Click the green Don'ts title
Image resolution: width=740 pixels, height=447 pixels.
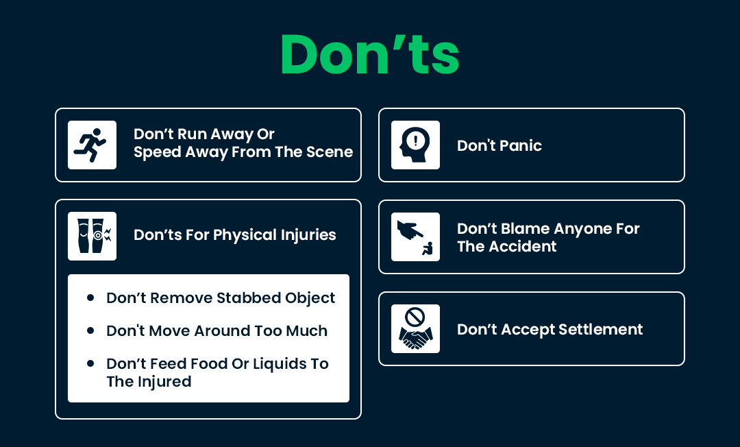tap(369, 54)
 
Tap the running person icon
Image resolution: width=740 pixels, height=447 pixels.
tap(92, 145)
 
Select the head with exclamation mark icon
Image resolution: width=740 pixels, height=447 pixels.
tap(415, 145)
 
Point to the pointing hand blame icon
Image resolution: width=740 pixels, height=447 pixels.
tap(415, 237)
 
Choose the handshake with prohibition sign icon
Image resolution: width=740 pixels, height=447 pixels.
tap(415, 328)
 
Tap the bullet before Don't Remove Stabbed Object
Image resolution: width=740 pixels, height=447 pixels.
tap(90, 298)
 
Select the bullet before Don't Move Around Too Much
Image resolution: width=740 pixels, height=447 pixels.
tap(90, 330)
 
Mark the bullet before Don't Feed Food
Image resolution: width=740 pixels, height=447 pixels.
tap(90, 363)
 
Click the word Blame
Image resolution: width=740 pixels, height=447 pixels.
tap(523, 228)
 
